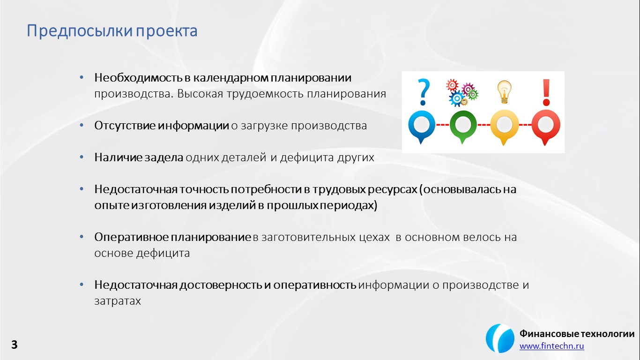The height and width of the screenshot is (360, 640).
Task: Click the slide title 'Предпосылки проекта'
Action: [112, 31]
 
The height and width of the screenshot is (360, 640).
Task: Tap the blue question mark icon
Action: [424, 92]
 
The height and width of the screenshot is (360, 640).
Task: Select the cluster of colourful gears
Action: [462, 93]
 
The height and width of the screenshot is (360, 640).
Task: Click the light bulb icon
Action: [504, 92]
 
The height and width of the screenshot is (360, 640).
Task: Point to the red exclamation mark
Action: [546, 92]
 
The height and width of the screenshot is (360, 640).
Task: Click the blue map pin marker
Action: [421, 127]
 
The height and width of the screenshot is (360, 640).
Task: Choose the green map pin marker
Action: [463, 127]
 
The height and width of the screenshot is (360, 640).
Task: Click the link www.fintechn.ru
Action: [551, 346]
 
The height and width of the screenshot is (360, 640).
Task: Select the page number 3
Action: [14, 345]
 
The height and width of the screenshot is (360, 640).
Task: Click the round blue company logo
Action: [500, 338]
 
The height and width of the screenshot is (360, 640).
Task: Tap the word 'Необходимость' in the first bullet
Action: [138, 78]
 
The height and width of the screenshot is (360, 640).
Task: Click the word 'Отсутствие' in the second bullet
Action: [125, 126]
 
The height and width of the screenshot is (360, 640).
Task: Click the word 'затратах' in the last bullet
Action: [118, 301]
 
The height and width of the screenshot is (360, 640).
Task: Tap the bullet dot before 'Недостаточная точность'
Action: [82, 189]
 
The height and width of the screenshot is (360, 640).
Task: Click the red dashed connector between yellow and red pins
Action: [525, 125]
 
